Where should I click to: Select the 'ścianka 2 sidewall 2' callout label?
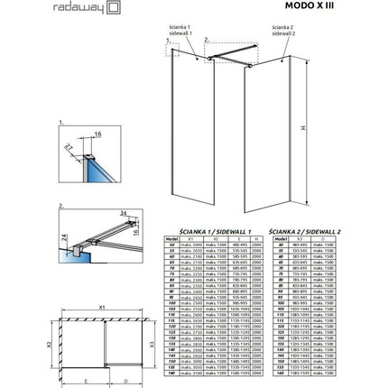[x=283, y=42]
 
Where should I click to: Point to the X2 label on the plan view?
[x=23, y=344]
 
